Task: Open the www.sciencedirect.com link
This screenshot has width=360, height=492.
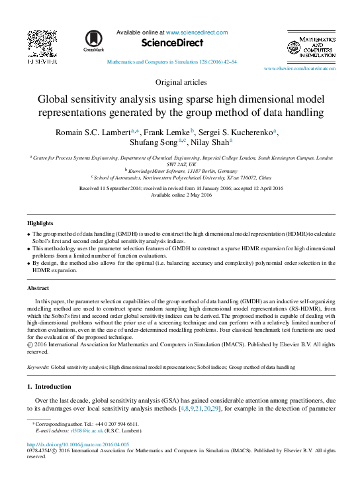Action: [197, 32]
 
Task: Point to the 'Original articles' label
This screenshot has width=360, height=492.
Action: [181, 83]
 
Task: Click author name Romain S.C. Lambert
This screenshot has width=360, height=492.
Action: [93, 132]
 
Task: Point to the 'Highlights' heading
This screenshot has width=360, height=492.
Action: [40, 223]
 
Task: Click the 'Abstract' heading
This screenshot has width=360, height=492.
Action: [38, 289]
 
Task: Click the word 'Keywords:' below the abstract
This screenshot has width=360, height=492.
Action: [38, 366]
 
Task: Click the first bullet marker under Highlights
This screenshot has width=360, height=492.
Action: [28, 235]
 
